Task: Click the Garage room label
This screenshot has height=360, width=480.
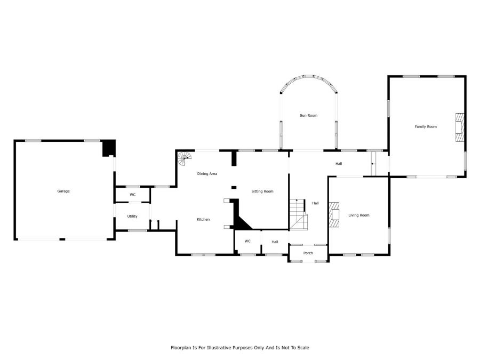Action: [x=63, y=191]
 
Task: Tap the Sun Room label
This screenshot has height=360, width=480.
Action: [x=309, y=115]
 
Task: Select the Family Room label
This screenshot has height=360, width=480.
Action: [x=426, y=126]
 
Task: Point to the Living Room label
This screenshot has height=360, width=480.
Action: [x=359, y=215]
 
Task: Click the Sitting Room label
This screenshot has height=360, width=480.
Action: [x=262, y=191]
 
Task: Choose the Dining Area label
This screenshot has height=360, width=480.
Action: [x=207, y=173]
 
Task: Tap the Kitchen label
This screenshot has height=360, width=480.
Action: [x=203, y=220]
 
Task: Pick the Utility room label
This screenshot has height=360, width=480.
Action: [x=132, y=217]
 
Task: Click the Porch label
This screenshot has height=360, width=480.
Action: [x=308, y=253]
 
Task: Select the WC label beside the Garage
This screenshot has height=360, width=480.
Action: [x=133, y=195]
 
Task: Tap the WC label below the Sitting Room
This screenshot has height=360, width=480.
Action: [x=247, y=241]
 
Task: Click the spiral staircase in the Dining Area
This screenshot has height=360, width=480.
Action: [x=185, y=159]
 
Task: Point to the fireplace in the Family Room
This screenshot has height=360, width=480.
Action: [x=460, y=127]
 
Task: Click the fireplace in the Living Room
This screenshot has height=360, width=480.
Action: [x=334, y=214]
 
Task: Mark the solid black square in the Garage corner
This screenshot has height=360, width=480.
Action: [x=109, y=148]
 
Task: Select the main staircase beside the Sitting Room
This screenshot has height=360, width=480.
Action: [x=299, y=214]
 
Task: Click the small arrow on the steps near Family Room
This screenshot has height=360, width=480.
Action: [x=373, y=164]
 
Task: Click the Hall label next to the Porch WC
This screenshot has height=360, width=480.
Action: [x=275, y=242]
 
